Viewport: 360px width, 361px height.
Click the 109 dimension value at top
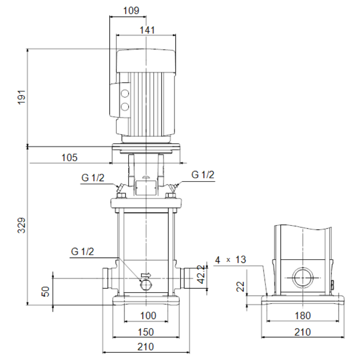click(x=131, y=11)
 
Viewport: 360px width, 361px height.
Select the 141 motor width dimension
click(x=147, y=30)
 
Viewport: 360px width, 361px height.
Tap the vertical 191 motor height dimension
click(x=22, y=97)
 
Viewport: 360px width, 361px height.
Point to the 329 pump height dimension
click(x=22, y=225)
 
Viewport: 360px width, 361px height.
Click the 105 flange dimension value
click(x=69, y=158)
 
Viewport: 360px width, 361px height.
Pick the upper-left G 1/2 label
click(x=92, y=178)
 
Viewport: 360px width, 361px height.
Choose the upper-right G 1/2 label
click(x=203, y=175)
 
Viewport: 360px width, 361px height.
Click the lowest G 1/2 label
click(x=82, y=252)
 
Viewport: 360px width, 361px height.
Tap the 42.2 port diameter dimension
click(x=201, y=274)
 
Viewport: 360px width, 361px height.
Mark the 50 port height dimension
click(x=45, y=291)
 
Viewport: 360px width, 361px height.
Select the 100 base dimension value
click(x=148, y=315)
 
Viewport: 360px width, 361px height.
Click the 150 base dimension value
click(x=146, y=332)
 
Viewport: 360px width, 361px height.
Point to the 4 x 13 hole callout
click(x=230, y=260)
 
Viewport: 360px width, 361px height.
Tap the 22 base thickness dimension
click(x=240, y=287)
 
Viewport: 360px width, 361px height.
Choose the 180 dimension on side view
click(x=303, y=315)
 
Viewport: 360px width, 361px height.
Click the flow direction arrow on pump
click(x=146, y=275)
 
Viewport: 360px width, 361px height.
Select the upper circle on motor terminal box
click(x=125, y=94)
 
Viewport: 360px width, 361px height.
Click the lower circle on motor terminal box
click(x=125, y=107)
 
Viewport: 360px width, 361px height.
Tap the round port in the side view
click(x=303, y=278)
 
